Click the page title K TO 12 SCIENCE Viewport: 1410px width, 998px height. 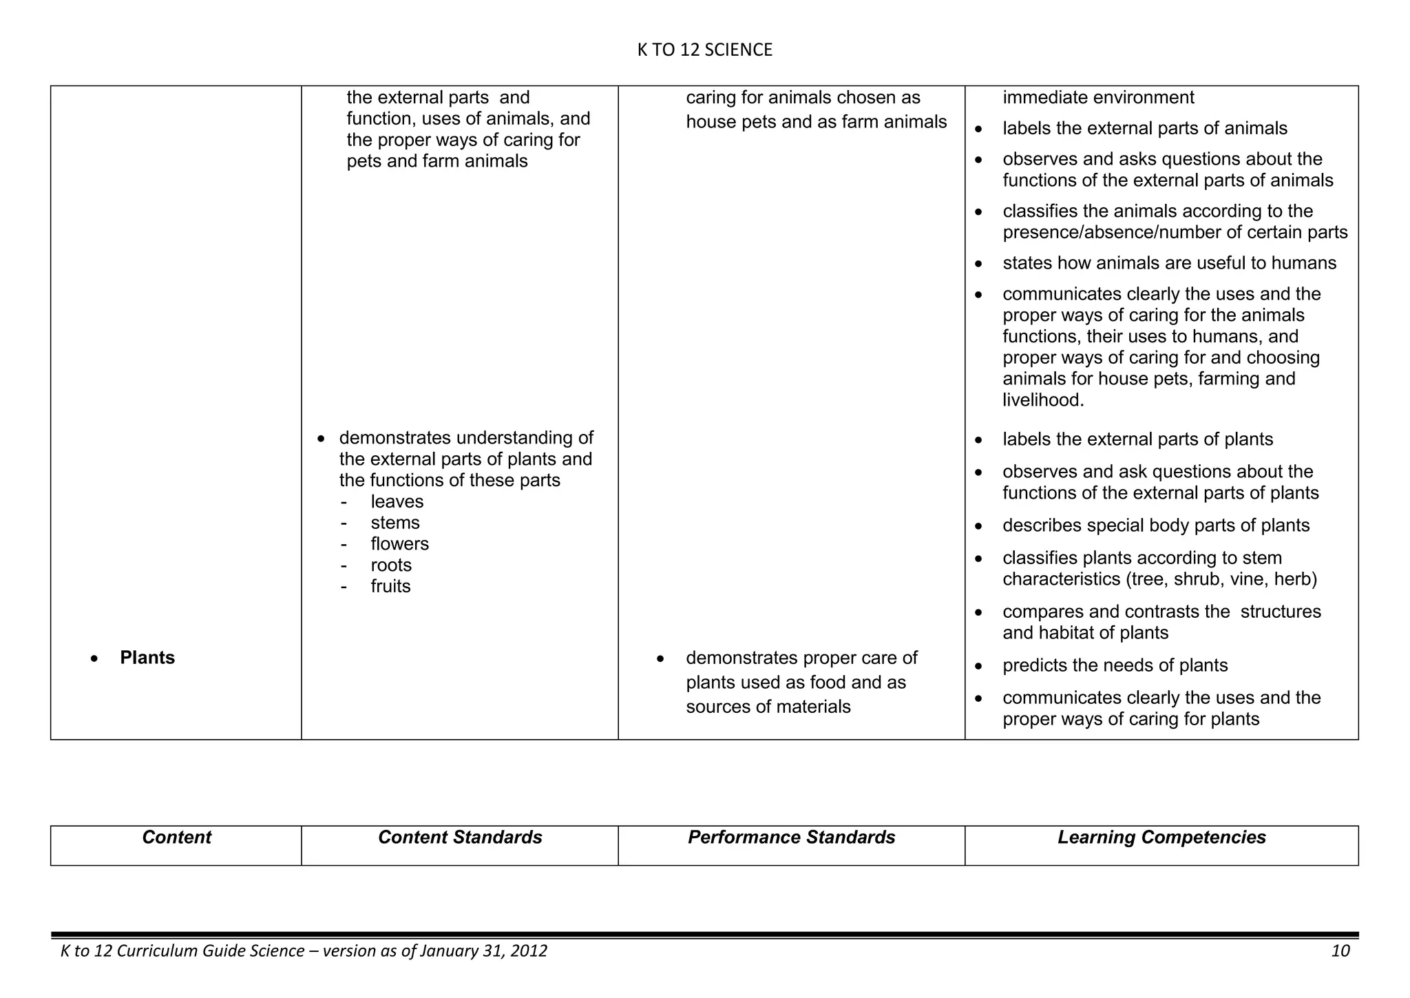coord(704,50)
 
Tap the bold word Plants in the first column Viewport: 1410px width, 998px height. coord(147,658)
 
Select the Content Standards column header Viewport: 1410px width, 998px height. coord(460,838)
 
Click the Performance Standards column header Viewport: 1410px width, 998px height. coord(791,838)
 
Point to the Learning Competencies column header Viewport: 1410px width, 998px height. coord(1161,838)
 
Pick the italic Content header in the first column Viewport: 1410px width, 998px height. coord(176,838)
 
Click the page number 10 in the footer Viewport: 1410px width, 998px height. coord(1340,951)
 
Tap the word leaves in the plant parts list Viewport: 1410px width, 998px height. coord(397,501)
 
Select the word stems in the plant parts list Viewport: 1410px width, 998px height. coord(394,523)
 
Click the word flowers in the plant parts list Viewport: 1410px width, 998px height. coord(399,544)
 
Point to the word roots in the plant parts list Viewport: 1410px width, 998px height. coord(391,565)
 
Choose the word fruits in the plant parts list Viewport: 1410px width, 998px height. coord(390,587)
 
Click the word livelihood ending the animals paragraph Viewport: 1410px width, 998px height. coord(1042,400)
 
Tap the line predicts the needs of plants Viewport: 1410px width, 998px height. coord(1115,665)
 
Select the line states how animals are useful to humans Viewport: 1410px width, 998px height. coord(1169,263)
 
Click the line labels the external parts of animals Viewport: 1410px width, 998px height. coord(1144,129)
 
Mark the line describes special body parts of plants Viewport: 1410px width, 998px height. coord(1155,526)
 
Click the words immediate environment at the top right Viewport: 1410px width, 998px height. coord(1098,98)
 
